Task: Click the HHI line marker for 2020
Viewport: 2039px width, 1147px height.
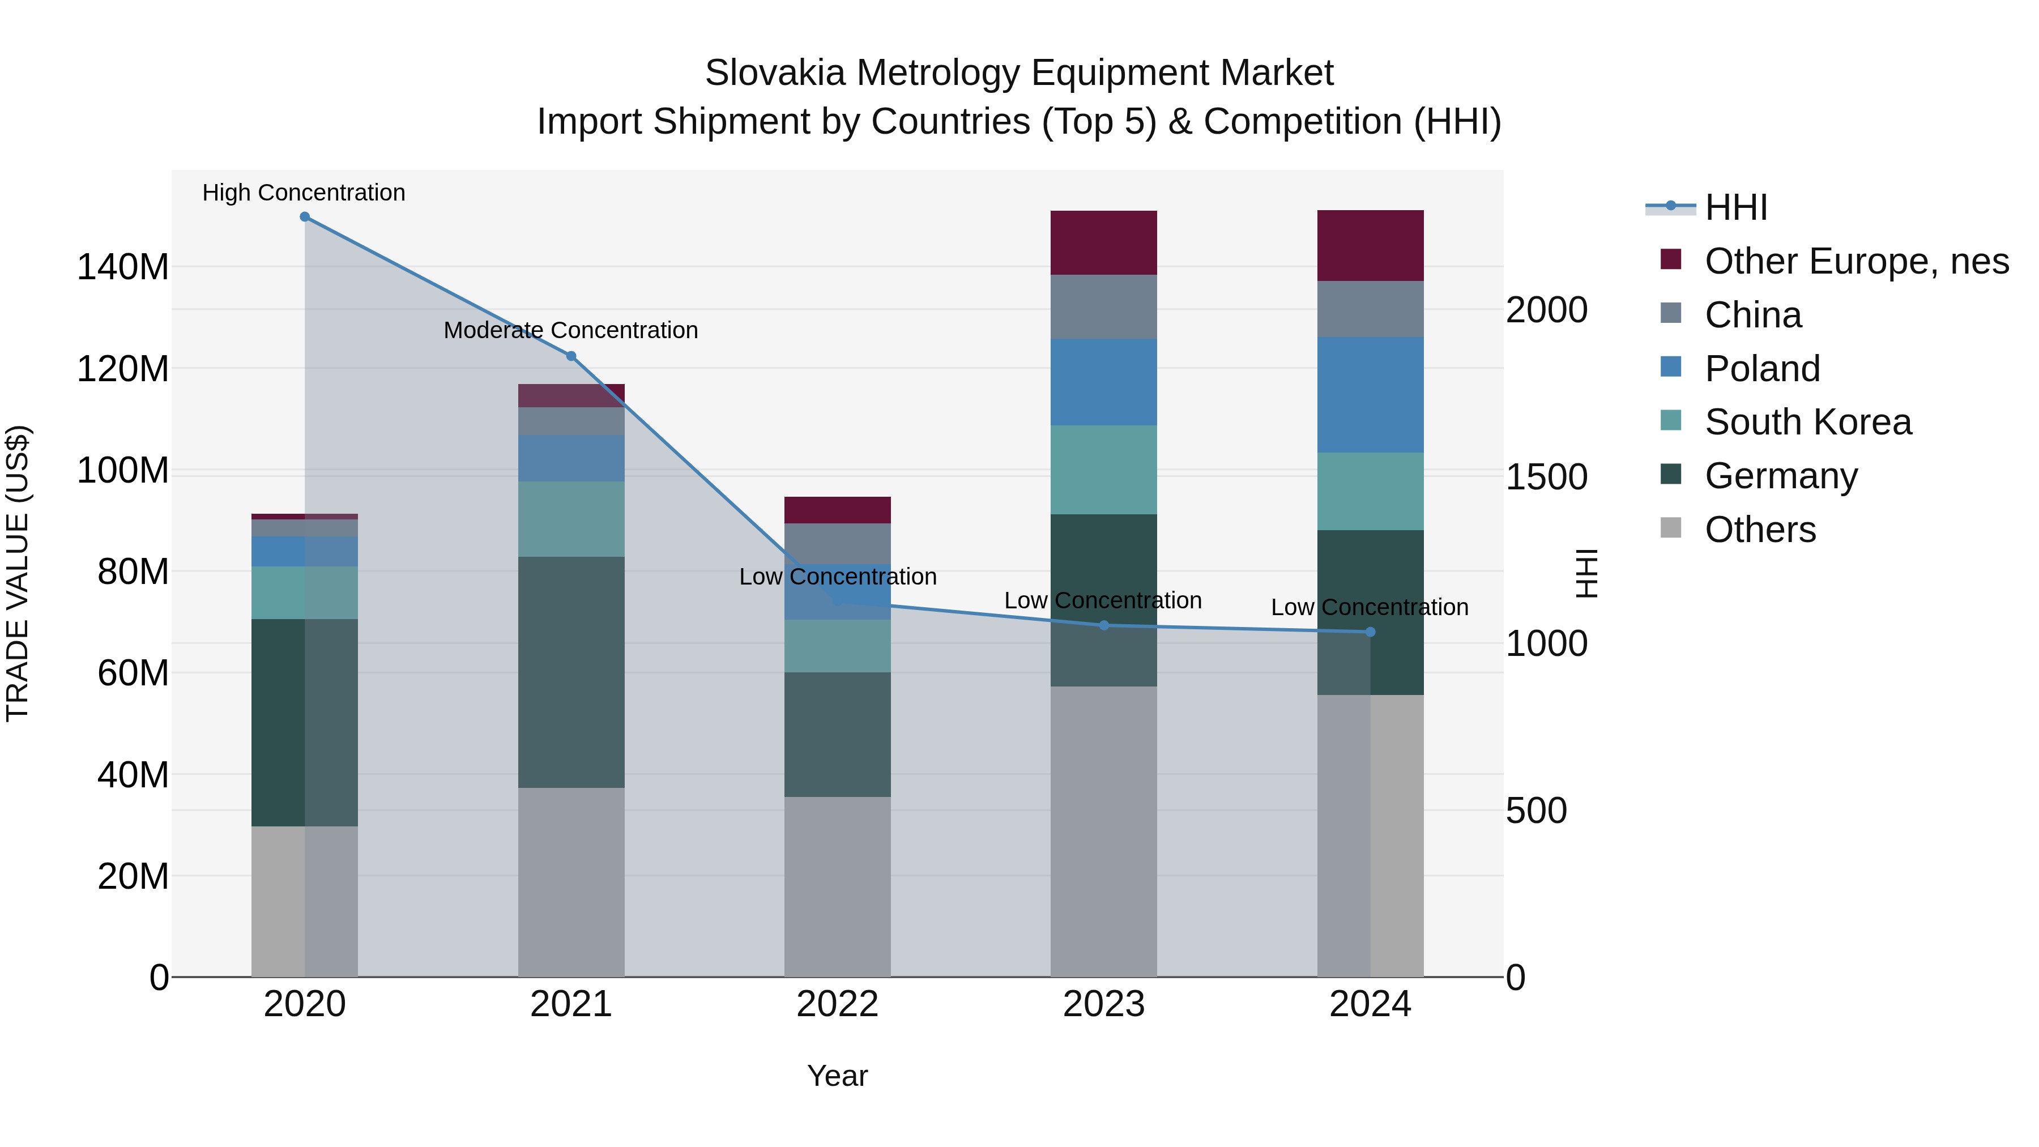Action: click(x=305, y=217)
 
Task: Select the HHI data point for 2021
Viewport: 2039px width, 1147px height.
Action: click(x=571, y=356)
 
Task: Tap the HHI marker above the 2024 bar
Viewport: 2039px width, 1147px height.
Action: click(x=1371, y=632)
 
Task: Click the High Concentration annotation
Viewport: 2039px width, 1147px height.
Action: click(x=304, y=193)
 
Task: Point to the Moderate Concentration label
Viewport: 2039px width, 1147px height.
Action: click(x=571, y=330)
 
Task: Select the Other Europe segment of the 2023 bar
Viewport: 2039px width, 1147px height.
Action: click(x=1103, y=242)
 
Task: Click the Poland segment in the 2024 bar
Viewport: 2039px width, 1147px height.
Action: click(x=1370, y=395)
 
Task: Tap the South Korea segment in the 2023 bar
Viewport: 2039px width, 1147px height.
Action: click(x=1103, y=470)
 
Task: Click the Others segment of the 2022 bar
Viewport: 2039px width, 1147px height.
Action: click(x=838, y=886)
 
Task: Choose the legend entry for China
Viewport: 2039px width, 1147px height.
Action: click(x=1752, y=315)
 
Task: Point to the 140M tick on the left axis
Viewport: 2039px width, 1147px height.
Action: click(x=123, y=267)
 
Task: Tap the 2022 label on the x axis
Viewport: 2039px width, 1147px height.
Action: click(x=838, y=1004)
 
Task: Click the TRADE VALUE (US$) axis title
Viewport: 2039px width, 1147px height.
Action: click(x=18, y=573)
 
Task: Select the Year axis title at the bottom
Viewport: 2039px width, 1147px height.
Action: click(x=838, y=1076)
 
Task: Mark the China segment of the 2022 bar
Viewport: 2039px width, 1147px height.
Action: click(x=838, y=543)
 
